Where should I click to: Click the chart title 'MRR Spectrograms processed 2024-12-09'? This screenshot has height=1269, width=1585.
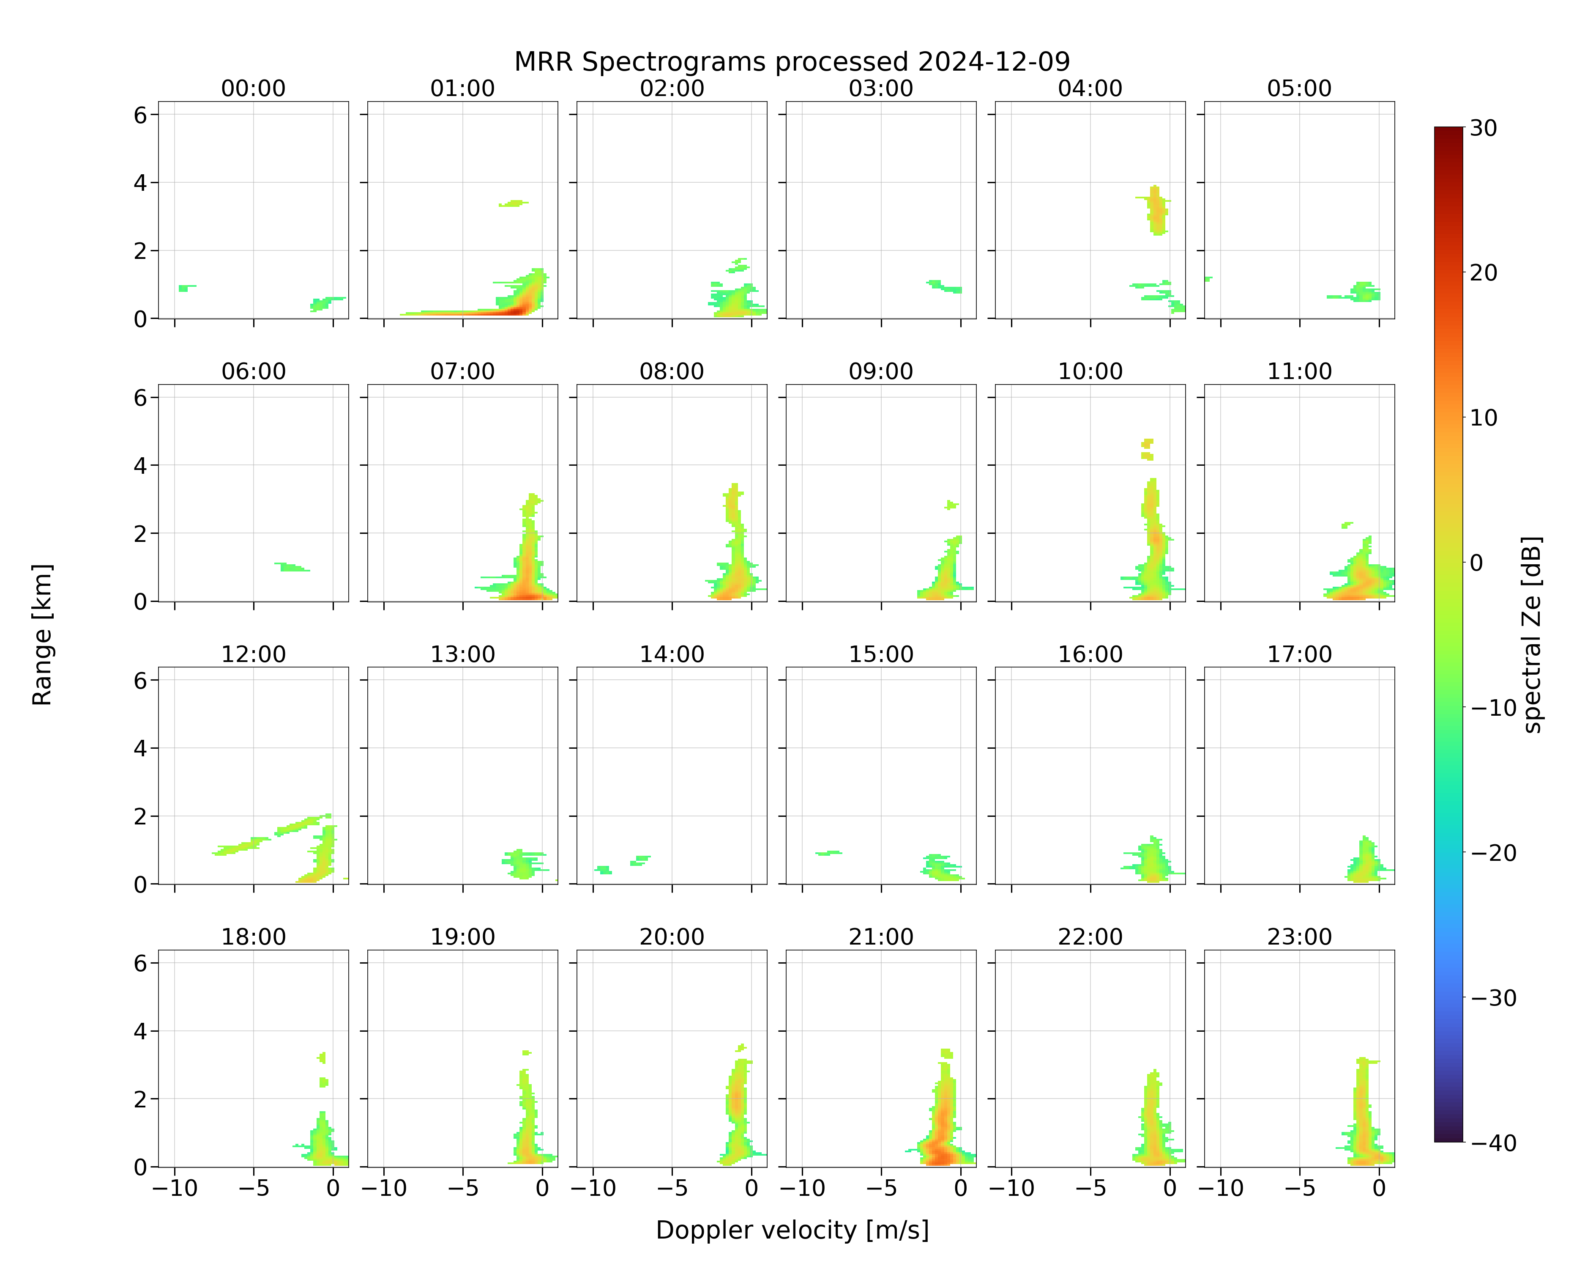(792, 62)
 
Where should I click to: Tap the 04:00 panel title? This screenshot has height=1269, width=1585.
(1090, 88)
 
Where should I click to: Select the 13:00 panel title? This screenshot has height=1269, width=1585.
(462, 654)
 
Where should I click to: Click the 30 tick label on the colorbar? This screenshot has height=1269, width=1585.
(1484, 128)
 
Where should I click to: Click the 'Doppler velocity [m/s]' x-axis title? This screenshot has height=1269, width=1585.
(792, 1229)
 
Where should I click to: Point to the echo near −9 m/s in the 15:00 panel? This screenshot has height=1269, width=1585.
(828, 853)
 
